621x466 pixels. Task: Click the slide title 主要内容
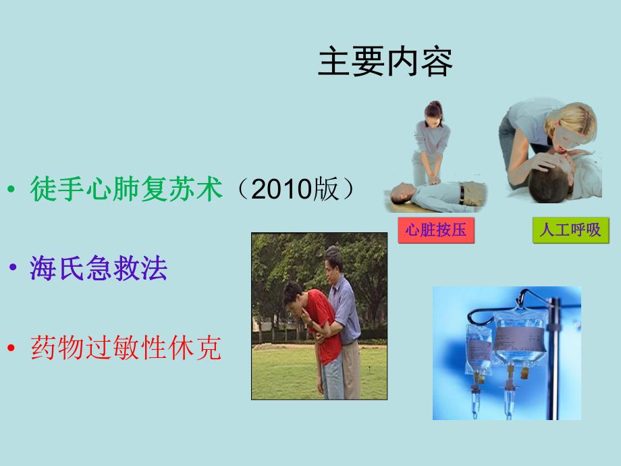[385, 62]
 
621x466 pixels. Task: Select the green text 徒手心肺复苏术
[126, 190]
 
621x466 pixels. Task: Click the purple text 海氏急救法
[99, 269]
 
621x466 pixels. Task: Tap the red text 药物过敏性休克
[126, 348]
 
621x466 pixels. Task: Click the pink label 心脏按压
[435, 230]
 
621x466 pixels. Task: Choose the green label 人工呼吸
[570, 230]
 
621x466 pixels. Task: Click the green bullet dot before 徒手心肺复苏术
[11, 191]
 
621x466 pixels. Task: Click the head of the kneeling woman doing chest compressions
[432, 113]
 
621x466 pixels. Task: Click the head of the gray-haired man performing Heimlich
[333, 259]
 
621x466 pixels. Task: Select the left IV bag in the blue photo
[480, 348]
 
